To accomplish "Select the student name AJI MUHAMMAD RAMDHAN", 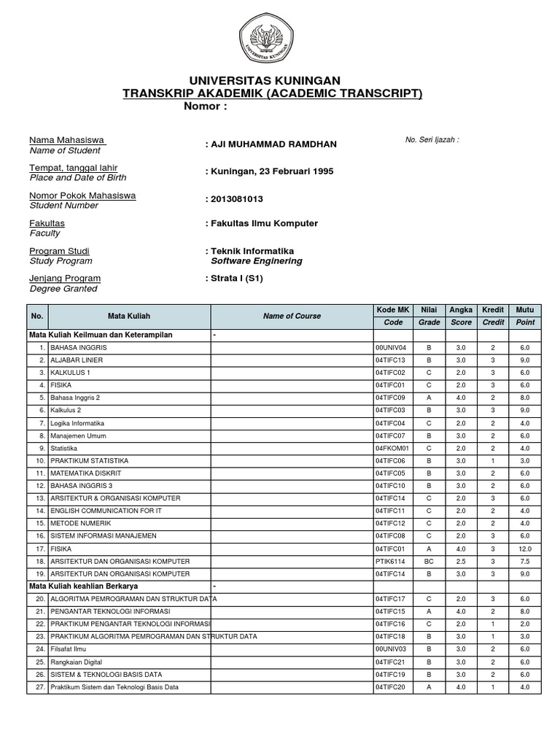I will tap(273, 144).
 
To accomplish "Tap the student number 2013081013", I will tap(237, 199).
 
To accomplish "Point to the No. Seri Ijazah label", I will tap(432, 139).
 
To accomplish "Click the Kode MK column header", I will tap(393, 310).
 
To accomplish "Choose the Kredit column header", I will tap(494, 310).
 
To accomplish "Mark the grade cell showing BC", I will tap(429, 562).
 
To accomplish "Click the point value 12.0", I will tap(525, 549).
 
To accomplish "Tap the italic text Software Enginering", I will tap(256, 261).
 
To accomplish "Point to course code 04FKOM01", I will tap(392, 448).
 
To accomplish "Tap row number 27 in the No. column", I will tap(40, 687).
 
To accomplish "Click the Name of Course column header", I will tap(292, 316).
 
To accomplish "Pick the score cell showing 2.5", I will tap(460, 562).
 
